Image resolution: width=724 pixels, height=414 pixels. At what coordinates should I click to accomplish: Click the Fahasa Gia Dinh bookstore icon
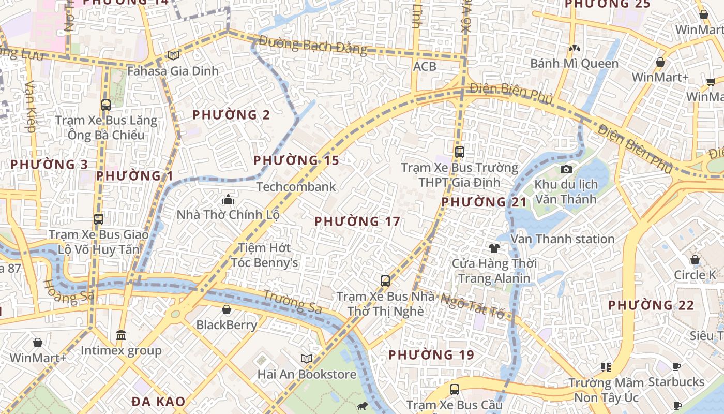point(173,55)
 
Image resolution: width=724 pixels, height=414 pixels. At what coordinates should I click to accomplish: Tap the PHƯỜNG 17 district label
point(357,221)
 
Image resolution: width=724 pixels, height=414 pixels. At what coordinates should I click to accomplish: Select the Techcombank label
point(296,186)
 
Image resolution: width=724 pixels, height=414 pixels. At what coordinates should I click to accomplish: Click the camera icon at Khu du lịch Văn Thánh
point(566,169)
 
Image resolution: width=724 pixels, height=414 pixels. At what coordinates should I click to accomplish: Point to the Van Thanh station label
point(563,239)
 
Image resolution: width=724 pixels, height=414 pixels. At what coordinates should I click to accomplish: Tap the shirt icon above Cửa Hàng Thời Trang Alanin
point(494,248)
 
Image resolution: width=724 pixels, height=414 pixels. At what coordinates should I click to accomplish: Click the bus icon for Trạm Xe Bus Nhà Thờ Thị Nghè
point(385,281)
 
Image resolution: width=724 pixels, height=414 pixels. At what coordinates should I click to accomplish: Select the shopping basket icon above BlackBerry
point(227,309)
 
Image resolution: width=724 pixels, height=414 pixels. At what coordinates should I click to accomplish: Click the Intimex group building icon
point(121,335)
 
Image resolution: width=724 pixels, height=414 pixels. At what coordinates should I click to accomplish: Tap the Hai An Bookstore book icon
point(307,359)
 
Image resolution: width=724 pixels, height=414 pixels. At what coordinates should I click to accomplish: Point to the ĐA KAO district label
point(158,402)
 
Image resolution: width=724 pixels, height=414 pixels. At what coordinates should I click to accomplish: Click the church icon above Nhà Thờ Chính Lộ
point(228,199)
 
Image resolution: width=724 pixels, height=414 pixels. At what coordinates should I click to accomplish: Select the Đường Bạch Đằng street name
point(313,46)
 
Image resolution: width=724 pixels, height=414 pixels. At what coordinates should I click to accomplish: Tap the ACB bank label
point(425,66)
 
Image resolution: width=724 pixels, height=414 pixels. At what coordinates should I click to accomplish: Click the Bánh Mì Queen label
point(575,64)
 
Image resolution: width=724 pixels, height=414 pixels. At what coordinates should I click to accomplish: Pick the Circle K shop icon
point(695,260)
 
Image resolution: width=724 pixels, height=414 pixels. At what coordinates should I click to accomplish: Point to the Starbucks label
point(676,382)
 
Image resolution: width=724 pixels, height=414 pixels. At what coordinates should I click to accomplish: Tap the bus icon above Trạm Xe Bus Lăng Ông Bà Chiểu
point(106,105)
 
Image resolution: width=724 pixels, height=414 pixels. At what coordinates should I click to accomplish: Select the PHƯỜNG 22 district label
point(651,305)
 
